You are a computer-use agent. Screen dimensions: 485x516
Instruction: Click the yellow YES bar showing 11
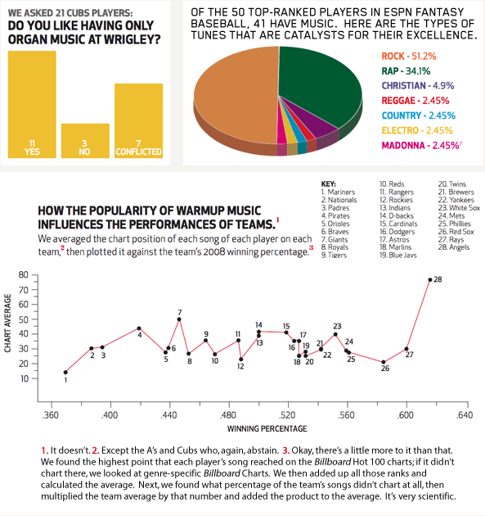pos(32,104)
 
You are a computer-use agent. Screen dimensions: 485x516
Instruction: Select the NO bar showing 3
pos(85,141)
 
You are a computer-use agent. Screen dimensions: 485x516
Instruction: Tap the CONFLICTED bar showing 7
pos(139,120)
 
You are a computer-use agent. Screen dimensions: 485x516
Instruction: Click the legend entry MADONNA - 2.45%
pos(421,145)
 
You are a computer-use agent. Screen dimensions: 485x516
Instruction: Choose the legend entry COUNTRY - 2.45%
pos(418,115)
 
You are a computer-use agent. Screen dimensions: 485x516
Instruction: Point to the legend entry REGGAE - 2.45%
pos(415,101)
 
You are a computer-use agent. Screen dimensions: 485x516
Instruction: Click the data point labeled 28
pos(430,280)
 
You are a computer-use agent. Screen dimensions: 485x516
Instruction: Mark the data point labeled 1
pos(65,372)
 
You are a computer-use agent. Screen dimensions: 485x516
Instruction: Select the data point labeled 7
pos(179,319)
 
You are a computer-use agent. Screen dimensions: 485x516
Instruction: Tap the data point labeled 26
pos(383,362)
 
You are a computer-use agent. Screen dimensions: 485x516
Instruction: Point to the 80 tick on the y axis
pos(24,274)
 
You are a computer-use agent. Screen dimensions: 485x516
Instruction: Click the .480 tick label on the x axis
pos(228,415)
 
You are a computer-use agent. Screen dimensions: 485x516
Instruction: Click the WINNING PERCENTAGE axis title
pos(267,428)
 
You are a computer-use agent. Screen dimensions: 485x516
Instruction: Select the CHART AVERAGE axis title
pos(7,324)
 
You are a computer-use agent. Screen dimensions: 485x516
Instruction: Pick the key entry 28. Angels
pos(454,247)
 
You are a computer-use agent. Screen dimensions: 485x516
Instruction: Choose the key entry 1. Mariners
pos(338,192)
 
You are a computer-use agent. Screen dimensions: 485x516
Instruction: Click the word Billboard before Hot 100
pos(333,462)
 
